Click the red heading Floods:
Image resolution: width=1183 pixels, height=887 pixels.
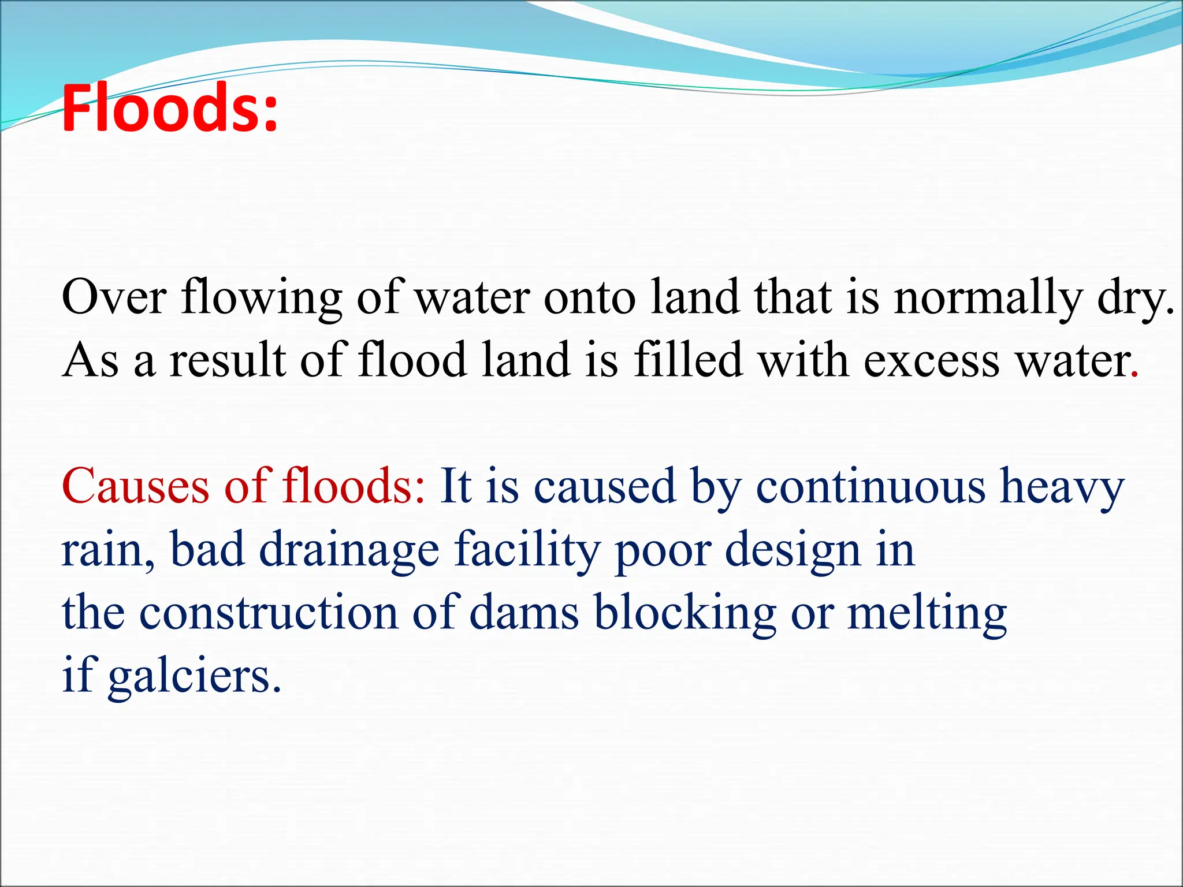click(x=169, y=108)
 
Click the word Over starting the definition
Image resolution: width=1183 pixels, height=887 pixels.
click(x=114, y=297)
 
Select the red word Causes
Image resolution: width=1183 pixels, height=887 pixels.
click(x=135, y=486)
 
